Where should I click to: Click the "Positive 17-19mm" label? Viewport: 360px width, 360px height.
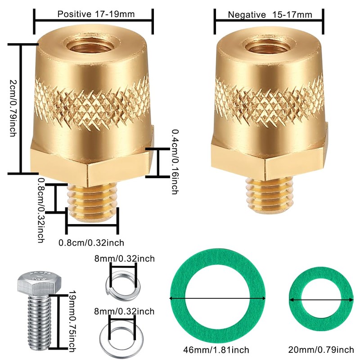[x=96, y=14]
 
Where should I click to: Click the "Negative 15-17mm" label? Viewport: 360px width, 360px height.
[x=270, y=15]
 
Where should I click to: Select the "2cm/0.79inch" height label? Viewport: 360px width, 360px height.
[x=13, y=108]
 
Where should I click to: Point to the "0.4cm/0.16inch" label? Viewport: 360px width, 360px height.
[x=175, y=162]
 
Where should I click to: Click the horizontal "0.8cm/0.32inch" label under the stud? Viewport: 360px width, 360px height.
[x=91, y=243]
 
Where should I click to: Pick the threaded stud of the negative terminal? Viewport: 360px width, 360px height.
[x=270, y=196]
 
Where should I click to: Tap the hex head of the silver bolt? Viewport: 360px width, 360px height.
[x=39, y=283]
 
